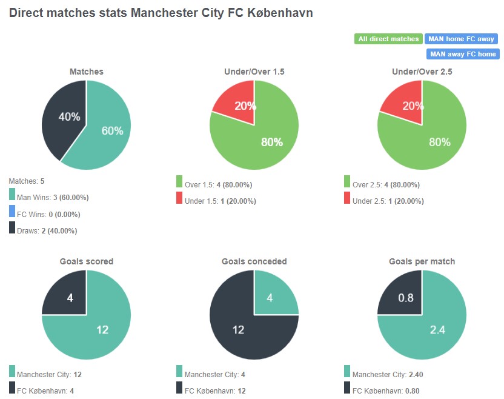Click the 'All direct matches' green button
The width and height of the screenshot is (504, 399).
388,39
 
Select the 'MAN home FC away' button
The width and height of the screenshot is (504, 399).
462,39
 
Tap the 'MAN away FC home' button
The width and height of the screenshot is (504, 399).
462,54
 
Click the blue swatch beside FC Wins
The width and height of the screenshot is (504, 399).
12,212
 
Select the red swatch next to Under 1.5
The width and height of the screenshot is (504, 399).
180,198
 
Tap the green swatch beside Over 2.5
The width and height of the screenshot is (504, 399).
347,182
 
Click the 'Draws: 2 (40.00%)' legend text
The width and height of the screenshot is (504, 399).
47,230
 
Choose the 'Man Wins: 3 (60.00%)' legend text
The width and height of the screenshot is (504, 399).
54,198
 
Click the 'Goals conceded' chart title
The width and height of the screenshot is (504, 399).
254,261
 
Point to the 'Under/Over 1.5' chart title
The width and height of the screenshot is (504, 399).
254,72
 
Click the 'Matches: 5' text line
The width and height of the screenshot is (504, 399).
27,181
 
